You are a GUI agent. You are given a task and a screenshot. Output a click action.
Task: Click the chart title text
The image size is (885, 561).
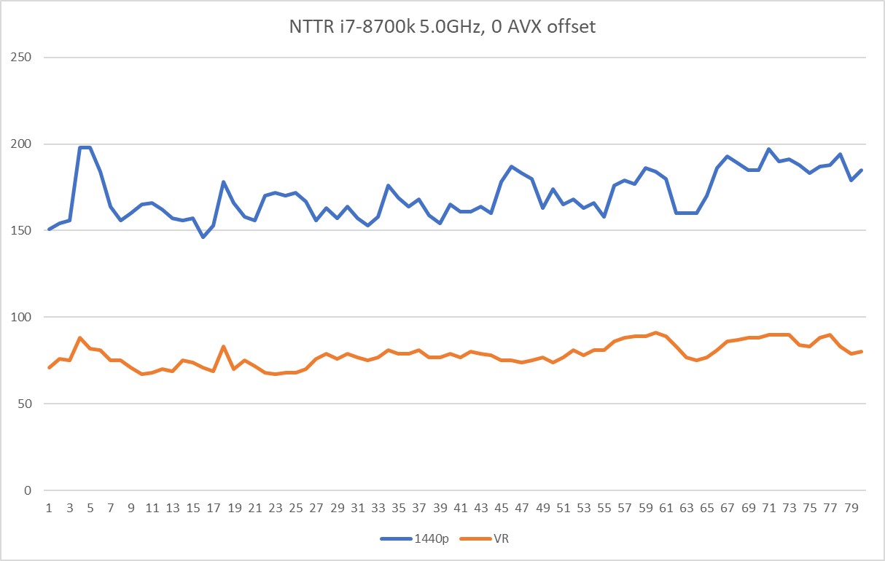point(442,28)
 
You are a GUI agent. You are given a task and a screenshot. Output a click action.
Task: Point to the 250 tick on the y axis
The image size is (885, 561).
point(24,58)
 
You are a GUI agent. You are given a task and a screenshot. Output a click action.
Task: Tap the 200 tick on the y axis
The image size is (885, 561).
point(24,144)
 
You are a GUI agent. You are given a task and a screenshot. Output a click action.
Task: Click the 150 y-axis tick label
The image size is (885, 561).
point(24,231)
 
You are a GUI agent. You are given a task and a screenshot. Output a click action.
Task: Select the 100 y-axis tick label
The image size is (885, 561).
point(24,318)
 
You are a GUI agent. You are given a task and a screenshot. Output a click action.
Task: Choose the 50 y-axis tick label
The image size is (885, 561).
point(27,404)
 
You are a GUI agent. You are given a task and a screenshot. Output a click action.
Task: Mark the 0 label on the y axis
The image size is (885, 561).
point(30,490)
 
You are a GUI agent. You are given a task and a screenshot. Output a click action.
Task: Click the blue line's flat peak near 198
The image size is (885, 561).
point(85,147)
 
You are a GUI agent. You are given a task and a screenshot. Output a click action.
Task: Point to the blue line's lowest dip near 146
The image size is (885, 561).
point(203,238)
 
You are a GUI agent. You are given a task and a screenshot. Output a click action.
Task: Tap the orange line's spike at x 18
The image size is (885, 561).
point(224,347)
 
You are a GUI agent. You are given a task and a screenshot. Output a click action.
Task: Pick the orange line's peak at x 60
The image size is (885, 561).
point(655,333)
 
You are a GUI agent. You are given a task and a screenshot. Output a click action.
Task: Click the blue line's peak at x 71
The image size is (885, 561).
point(768,149)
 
